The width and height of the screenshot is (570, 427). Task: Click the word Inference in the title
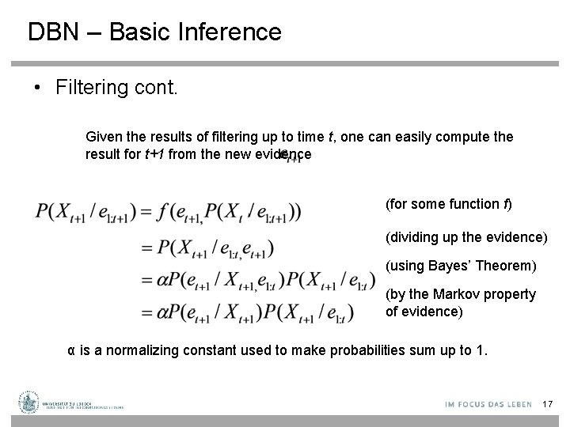coord(234,32)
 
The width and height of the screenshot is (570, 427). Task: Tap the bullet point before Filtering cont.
coord(37,87)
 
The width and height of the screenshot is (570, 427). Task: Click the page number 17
coord(547,405)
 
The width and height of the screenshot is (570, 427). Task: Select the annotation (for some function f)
coord(448,205)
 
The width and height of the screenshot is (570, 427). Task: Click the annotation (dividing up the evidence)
coord(465,236)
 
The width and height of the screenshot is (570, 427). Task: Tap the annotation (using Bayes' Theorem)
coord(461,264)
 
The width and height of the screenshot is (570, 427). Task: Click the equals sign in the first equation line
coord(147,213)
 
